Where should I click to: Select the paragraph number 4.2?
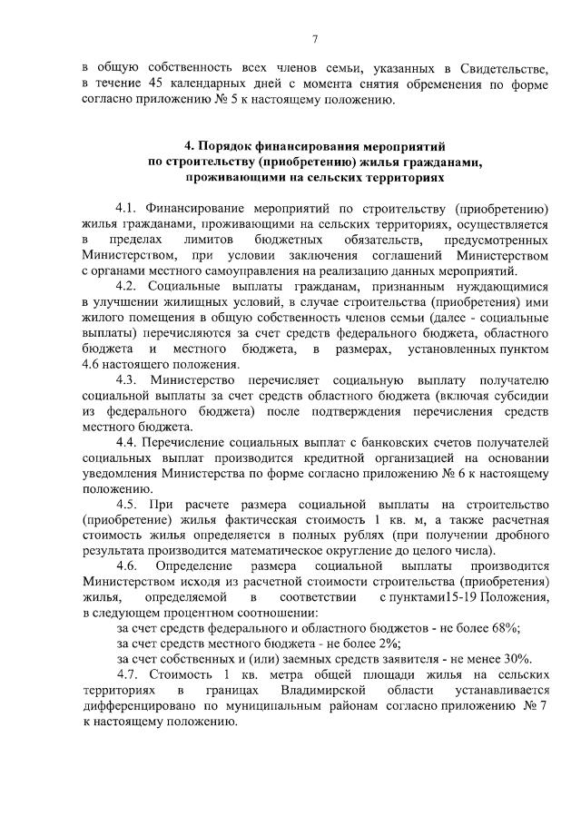coord(127,287)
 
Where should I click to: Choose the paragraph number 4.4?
coord(127,442)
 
